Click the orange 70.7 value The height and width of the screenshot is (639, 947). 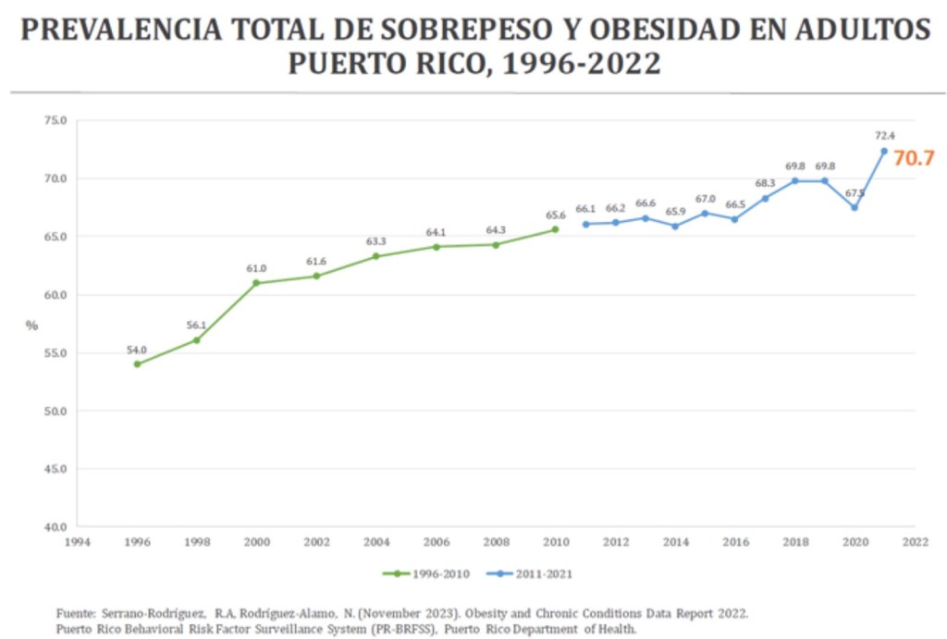click(914, 158)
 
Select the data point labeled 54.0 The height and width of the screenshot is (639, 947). click(137, 364)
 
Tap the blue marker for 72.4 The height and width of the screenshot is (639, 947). click(883, 151)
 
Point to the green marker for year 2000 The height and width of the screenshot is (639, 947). click(256, 283)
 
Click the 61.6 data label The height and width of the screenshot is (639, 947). click(316, 262)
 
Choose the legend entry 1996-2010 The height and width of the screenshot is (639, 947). click(426, 573)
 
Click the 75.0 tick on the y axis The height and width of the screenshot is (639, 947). click(55, 120)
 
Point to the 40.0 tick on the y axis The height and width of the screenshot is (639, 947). click(55, 527)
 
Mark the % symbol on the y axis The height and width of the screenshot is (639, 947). click(32, 326)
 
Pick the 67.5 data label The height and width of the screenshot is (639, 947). click(855, 192)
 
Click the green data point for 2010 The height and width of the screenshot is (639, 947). click(555, 229)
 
